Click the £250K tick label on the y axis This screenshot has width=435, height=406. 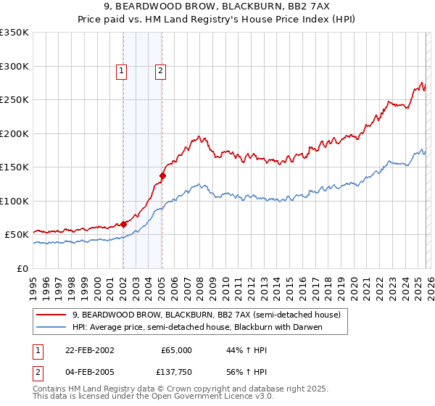[x=14, y=100]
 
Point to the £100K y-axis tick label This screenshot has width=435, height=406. [x=14, y=202]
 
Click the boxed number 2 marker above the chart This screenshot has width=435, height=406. [x=159, y=71]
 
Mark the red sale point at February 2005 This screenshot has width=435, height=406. [x=162, y=175]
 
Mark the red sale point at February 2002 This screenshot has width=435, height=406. [x=124, y=224]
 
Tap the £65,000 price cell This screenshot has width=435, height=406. [x=177, y=350]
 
